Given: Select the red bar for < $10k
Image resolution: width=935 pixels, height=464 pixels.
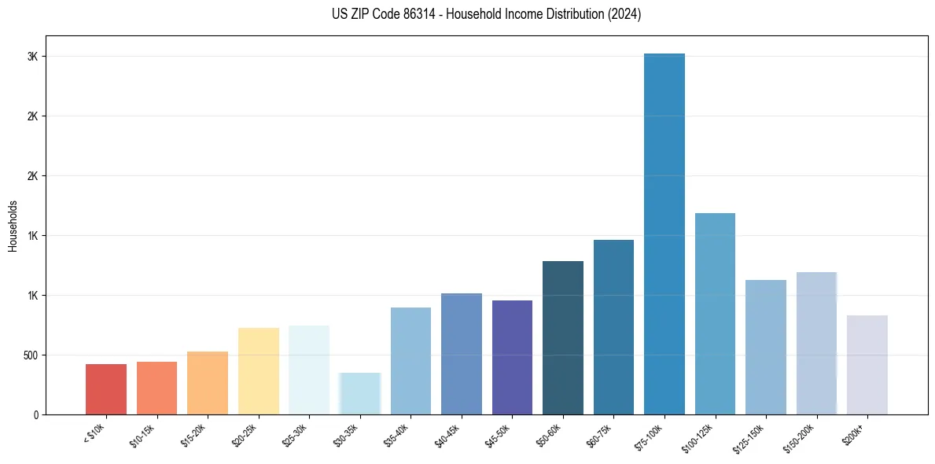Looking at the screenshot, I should click(x=106, y=389).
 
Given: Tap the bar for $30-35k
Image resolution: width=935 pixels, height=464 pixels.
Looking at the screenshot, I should click(x=360, y=393).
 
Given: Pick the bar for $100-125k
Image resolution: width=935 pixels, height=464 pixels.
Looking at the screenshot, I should click(x=715, y=314).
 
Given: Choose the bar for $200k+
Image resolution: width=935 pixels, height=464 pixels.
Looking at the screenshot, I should click(x=867, y=365).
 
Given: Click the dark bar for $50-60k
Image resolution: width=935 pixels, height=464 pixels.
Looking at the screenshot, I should click(x=563, y=337).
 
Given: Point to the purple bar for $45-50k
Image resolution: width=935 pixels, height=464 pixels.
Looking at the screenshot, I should click(x=512, y=357).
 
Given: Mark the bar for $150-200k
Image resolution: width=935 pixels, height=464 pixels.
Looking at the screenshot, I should click(x=816, y=343).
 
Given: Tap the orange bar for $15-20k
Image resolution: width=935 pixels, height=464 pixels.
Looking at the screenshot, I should click(x=208, y=383).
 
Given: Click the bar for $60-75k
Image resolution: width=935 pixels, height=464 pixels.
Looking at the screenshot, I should click(x=613, y=327).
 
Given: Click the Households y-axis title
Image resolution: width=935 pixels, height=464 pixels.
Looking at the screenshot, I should click(x=13, y=225).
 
